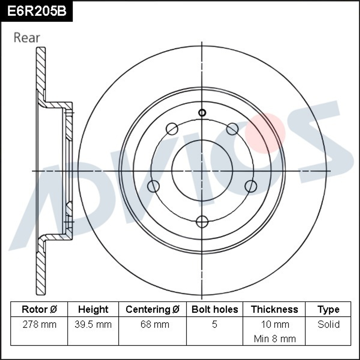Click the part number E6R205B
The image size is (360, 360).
click(37, 11)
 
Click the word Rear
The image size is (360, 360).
click(27, 37)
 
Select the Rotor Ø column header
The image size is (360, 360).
click(39, 309)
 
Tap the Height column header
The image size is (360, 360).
click(93, 309)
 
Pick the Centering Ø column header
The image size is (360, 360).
click(152, 309)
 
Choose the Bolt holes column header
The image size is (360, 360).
click(215, 309)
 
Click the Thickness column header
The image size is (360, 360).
click(274, 309)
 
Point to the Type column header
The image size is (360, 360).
click(328, 309)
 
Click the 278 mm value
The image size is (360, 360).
click(39, 324)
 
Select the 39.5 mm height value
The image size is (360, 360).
click(93, 324)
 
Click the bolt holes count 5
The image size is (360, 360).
click(215, 324)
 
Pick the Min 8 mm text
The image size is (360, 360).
click(275, 338)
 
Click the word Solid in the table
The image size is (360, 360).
click(328, 324)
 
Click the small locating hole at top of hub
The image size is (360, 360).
click(202, 113)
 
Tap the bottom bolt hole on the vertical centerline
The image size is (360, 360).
click(202, 222)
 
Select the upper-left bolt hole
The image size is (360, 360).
click(172, 129)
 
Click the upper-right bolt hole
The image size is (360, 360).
click(232, 129)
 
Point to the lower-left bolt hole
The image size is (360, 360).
click(154, 186)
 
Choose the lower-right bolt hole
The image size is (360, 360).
click(251, 186)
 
